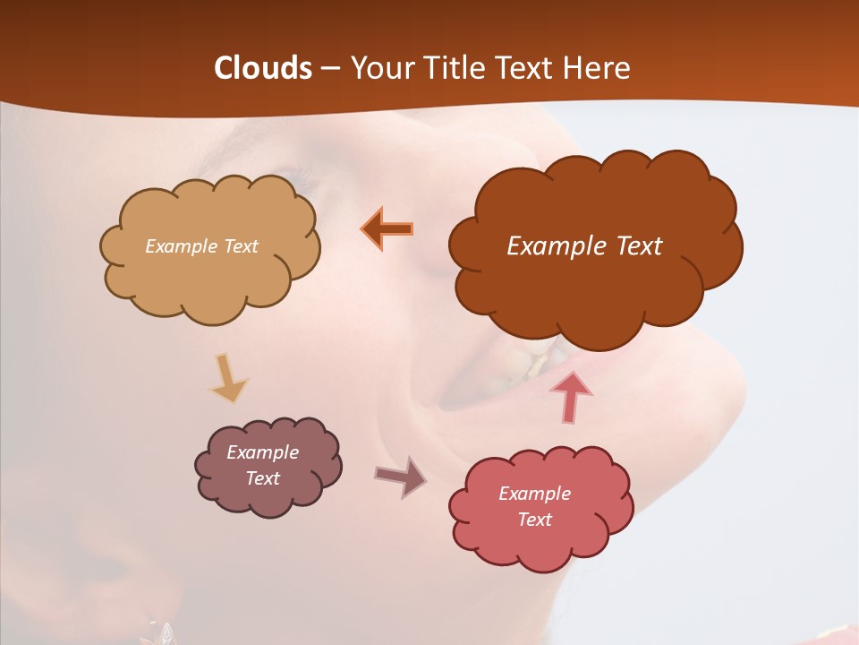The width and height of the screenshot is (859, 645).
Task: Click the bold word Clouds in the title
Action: pos(263,68)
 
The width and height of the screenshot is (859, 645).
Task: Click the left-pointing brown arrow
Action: pos(387,228)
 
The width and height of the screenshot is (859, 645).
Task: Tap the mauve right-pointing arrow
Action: pos(400,477)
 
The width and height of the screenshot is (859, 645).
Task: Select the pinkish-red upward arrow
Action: pos(571,397)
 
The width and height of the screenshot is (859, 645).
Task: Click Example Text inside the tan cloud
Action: pos(201,246)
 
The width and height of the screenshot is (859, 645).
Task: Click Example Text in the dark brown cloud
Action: pos(584,246)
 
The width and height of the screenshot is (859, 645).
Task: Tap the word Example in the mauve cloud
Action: pos(262,452)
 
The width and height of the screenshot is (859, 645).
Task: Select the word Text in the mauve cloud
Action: pos(263,478)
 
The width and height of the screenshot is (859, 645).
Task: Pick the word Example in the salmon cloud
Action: pos(534,494)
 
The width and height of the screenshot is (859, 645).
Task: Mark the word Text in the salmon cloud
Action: pos(535,520)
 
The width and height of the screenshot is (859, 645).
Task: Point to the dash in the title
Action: pos(330,69)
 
